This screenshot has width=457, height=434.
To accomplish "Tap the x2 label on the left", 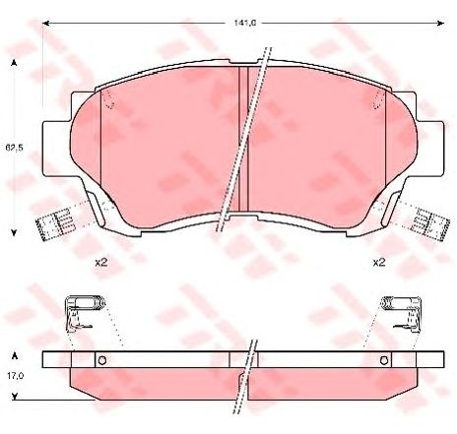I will coord(100,263).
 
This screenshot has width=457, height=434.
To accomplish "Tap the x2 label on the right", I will coord(377,263).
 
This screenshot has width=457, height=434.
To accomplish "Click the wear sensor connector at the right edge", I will coord(426,223).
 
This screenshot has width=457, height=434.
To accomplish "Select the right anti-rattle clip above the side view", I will coord(400,313).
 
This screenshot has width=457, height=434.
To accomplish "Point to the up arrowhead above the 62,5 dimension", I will coord(15,62).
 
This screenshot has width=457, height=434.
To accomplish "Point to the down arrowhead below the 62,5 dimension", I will coord(15,232).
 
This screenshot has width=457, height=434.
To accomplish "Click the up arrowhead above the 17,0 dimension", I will coord(14,351).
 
